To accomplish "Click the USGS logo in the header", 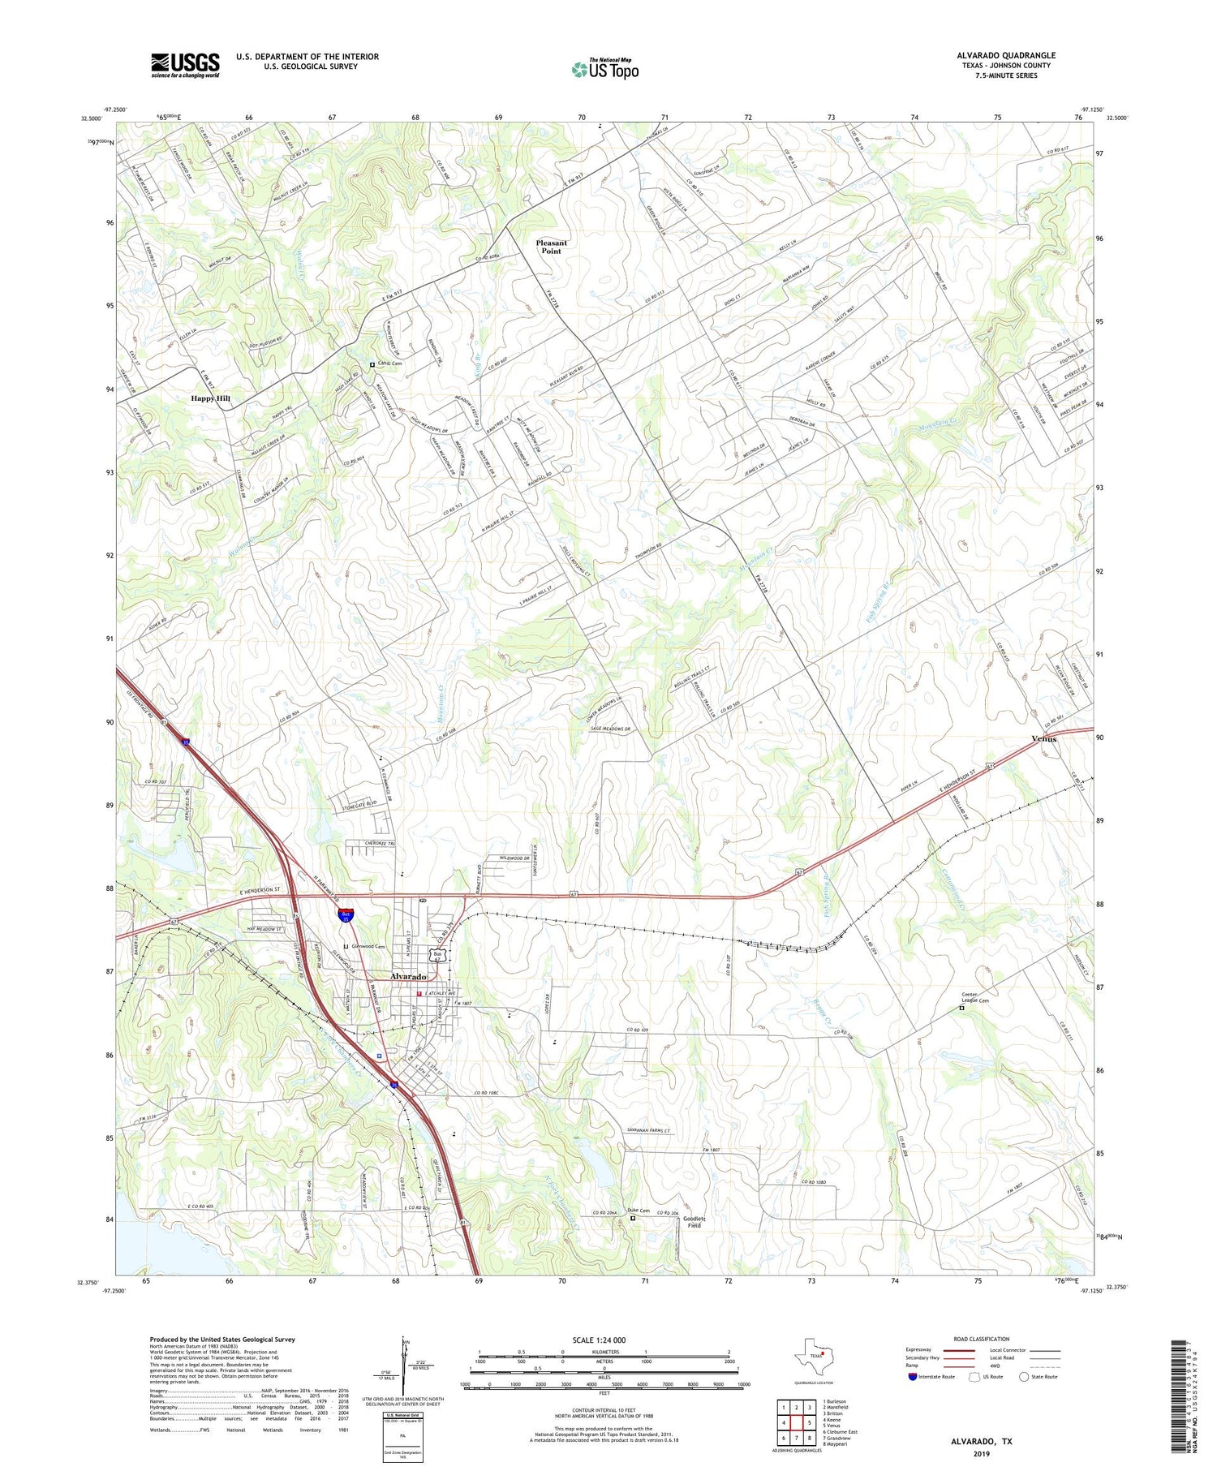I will [185, 65].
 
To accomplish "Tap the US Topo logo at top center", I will [604, 69].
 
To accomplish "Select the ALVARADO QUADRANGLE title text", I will [1005, 55].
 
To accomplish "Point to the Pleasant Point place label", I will [552, 247].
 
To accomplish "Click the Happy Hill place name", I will [211, 398].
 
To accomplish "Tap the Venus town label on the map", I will [1044, 739].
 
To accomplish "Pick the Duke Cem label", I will [639, 1211].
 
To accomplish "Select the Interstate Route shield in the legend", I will [913, 1376].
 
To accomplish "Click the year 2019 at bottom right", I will [982, 1453].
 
